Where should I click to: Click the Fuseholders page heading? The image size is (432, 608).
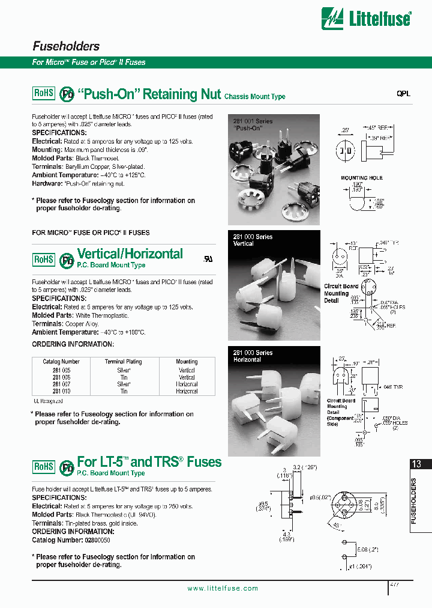coord(65,46)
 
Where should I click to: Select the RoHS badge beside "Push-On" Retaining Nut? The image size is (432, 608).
coord(43,93)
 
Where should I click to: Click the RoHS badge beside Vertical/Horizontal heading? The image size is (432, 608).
coord(43,259)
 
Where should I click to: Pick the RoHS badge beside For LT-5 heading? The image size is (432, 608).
coord(43,466)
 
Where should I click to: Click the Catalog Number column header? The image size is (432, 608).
coord(61,362)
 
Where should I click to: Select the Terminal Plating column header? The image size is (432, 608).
coord(123,362)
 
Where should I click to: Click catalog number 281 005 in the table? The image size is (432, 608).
coord(61,371)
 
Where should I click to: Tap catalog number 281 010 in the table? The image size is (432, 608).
coord(61,391)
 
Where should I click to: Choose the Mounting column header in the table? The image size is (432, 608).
coord(187,362)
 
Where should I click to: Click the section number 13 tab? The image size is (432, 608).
coord(416,464)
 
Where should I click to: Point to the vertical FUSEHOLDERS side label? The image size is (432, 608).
coord(414,501)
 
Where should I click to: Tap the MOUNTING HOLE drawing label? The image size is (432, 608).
coord(361,178)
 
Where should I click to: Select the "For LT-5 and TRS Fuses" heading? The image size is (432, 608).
coord(149,462)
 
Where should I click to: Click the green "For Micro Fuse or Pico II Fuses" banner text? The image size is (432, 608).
coord(89,62)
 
